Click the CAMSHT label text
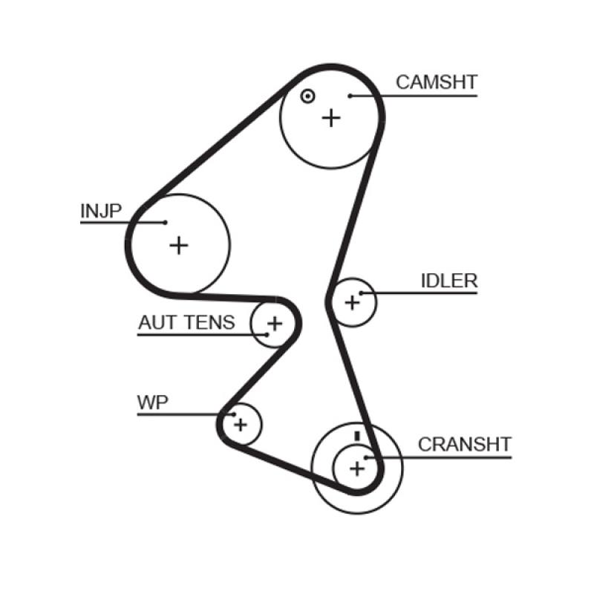point(436,82)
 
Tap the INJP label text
point(100,211)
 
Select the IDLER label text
point(448,281)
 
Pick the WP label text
point(153,402)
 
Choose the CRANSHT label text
point(464,444)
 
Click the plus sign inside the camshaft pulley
point(331,117)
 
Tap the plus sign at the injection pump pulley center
point(178,244)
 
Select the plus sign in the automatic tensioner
point(275,323)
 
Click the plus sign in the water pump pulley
point(240,424)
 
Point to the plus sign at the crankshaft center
point(358,468)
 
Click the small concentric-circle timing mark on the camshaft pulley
point(307,96)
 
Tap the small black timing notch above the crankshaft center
point(357,435)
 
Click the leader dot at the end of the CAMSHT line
point(350,95)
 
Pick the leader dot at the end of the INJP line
point(165,222)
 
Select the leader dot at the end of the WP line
point(233,414)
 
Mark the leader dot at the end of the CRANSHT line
point(366,457)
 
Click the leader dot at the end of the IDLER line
point(361,293)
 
